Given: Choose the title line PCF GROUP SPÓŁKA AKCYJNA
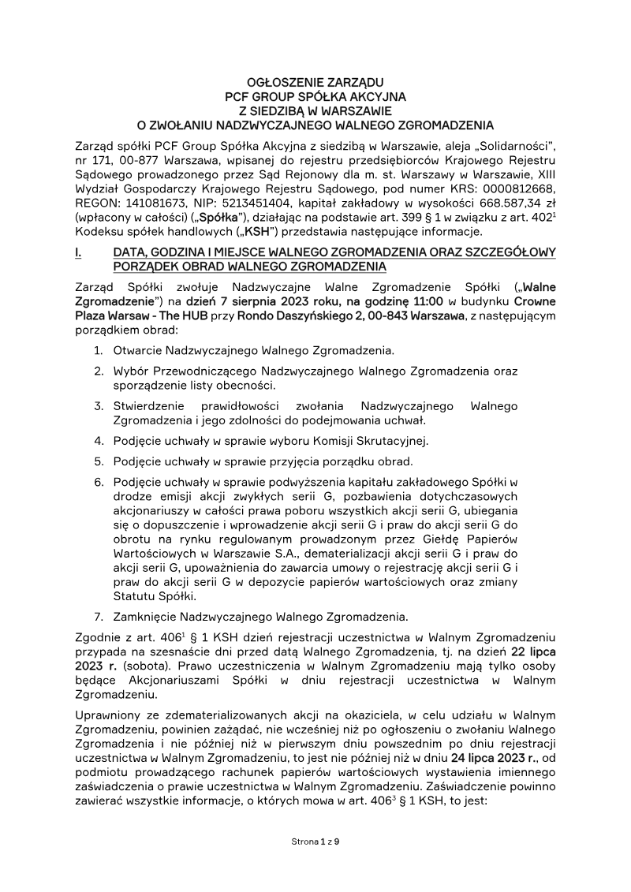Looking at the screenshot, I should pyautogui.click(x=315, y=96).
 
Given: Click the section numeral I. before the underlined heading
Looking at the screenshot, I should pyautogui.click(x=77, y=252).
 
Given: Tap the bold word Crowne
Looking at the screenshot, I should pyautogui.click(x=536, y=301).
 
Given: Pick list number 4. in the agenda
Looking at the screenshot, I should pyautogui.click(x=99, y=441).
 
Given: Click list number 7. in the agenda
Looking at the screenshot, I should pyautogui.click(x=99, y=616).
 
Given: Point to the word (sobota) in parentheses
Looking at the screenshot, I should pyautogui.click(x=133, y=666).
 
